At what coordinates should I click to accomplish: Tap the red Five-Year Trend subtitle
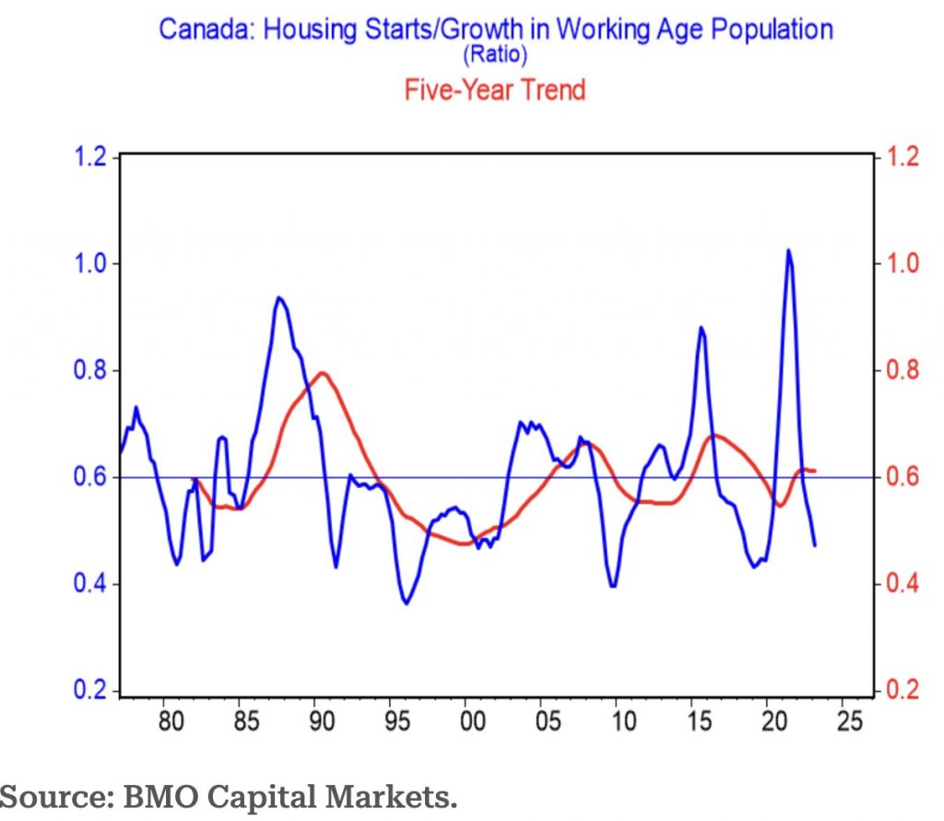pyautogui.click(x=495, y=89)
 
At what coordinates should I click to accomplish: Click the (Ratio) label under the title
pyautogui.click(x=496, y=56)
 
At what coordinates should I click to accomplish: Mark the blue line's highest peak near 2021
pyautogui.click(x=788, y=250)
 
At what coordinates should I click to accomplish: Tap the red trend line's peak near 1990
pyautogui.click(x=322, y=373)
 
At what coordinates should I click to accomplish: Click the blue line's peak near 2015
pyautogui.click(x=701, y=327)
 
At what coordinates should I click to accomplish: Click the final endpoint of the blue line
pyautogui.click(x=815, y=545)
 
